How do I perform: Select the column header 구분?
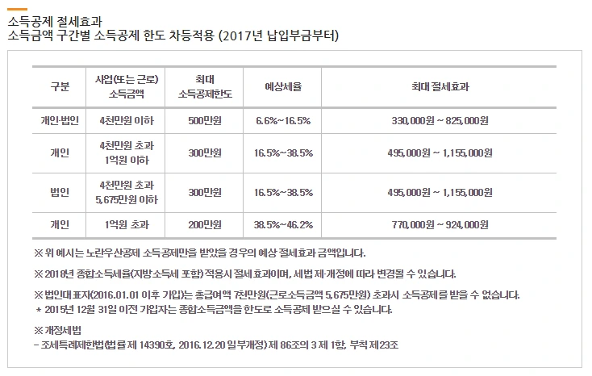click(60, 86)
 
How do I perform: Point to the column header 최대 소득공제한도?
click(203, 86)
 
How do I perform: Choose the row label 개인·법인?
click(60, 120)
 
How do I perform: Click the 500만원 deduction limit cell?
click(203, 120)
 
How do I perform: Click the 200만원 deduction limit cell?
click(203, 225)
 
